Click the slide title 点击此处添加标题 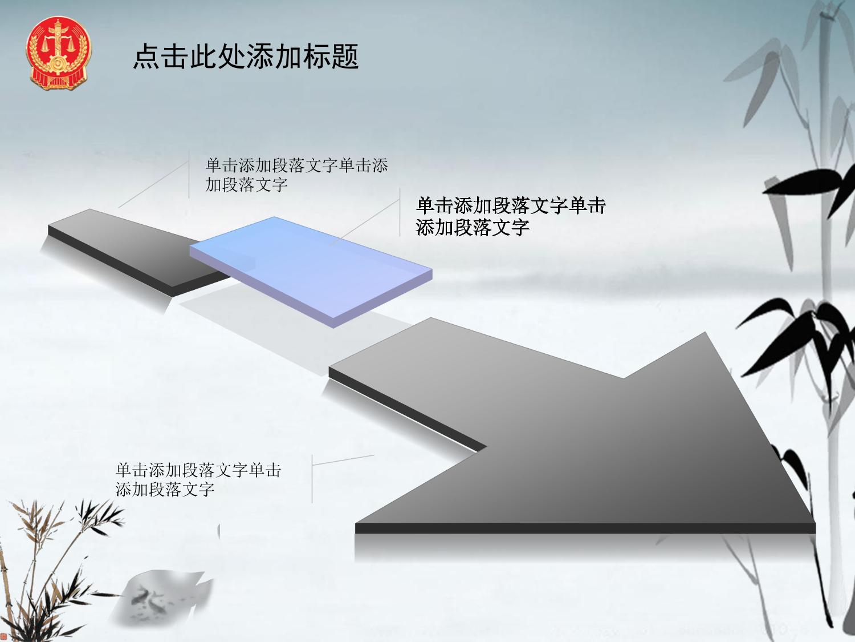246,56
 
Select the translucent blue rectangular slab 311,272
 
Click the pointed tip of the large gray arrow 815,523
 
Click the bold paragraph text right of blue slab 511,216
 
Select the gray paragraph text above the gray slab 296,175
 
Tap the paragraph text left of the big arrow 198,479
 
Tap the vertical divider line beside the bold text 400,212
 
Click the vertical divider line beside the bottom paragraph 312,479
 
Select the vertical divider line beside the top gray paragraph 189,174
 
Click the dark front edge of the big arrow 585,528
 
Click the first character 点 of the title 146,56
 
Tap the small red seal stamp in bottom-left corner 3,636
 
